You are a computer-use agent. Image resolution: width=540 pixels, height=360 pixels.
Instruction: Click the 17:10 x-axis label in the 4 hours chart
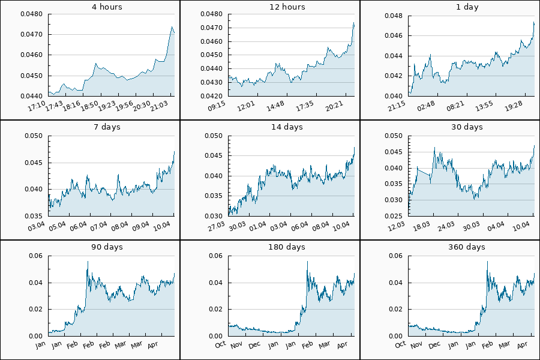(37, 106)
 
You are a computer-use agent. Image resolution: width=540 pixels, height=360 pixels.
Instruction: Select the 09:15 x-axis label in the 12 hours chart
(217, 106)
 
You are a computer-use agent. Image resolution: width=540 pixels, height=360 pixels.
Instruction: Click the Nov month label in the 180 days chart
(236, 344)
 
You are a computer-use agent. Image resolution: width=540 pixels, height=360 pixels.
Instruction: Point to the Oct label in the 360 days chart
(400, 344)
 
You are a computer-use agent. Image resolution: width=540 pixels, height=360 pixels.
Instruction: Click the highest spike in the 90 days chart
(88, 262)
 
